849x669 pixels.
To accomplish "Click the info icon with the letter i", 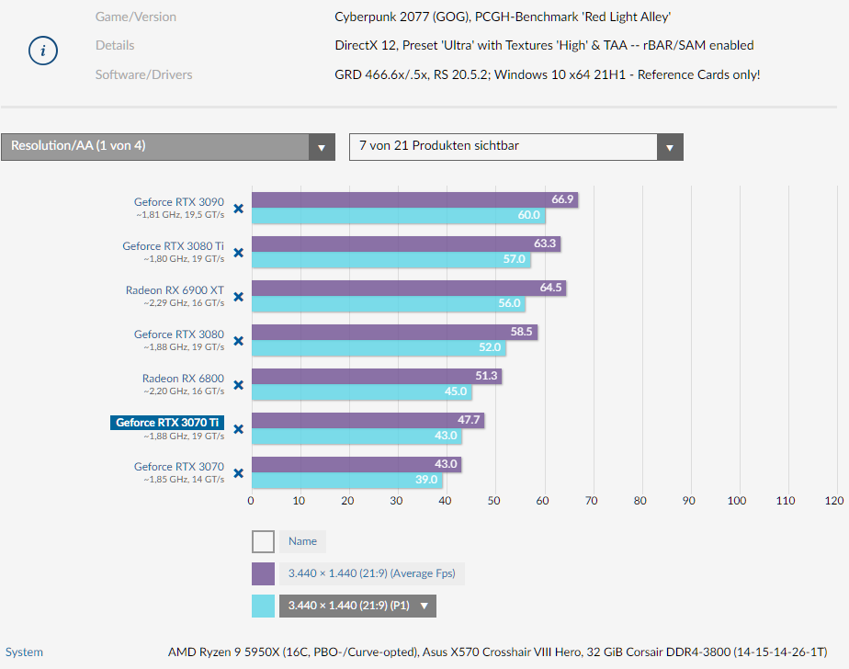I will (43, 51).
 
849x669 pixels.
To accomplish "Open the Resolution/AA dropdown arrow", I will (321, 147).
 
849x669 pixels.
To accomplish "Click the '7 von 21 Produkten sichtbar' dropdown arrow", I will (669, 147).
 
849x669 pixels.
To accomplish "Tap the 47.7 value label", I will (470, 421).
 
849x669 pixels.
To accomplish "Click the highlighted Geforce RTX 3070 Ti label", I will (167, 423).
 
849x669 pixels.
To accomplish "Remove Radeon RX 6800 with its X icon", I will (238, 385).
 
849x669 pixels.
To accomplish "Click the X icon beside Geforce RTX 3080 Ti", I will (238, 253).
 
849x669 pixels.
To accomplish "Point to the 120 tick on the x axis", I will (833, 501).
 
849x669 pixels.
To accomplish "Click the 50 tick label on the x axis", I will (493, 501).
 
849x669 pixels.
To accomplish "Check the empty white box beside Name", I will (263, 541).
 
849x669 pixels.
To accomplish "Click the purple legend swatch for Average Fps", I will (263, 573).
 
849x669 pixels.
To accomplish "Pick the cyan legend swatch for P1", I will (263, 606).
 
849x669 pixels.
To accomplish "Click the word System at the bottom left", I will (24, 652).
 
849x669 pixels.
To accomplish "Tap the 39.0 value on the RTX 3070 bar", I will (427, 480).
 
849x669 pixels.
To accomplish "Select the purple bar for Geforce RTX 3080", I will (386, 333).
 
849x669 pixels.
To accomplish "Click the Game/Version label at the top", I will (136, 17).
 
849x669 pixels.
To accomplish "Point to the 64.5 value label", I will (550, 289).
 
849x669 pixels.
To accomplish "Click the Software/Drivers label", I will (144, 74).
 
